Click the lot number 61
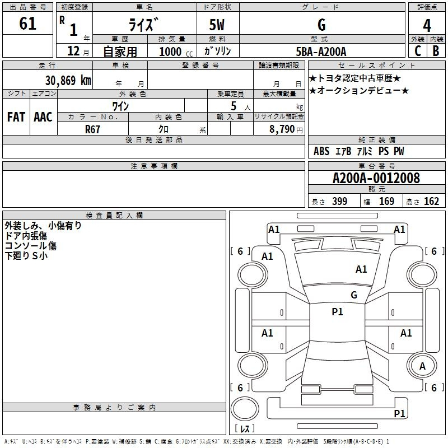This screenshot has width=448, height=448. [27, 24]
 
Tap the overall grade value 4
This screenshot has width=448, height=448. [427, 26]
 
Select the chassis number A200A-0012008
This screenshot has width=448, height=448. [376, 178]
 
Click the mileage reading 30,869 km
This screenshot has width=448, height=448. [68, 80]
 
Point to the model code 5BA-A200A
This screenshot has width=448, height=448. [321, 52]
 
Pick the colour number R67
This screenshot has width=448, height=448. [92, 129]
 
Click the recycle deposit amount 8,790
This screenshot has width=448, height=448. [282, 129]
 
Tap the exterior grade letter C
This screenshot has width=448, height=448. [418, 51]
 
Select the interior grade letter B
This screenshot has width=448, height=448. [436, 51]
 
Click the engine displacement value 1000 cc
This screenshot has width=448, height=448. [176, 52]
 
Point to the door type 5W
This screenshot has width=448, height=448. [217, 25]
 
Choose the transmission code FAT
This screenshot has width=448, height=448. [16, 117]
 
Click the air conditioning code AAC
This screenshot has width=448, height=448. [43, 117]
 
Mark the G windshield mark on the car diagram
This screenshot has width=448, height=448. [354, 295]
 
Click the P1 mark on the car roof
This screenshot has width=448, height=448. [337, 311]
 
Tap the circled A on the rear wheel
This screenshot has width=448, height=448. [422, 366]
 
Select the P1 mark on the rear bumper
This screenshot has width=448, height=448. [399, 413]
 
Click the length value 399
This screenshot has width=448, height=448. [339, 201]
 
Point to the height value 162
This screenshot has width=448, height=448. [431, 201]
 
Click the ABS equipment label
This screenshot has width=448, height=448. [321, 151]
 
